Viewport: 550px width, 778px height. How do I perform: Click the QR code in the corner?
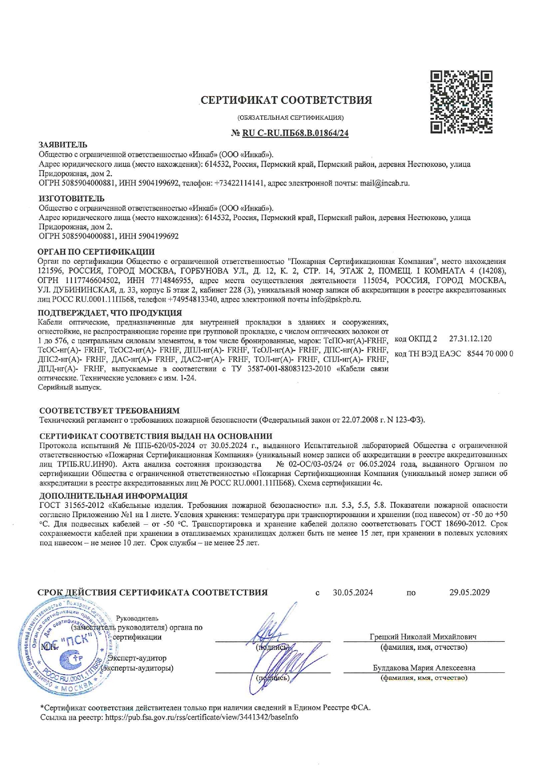point(461,102)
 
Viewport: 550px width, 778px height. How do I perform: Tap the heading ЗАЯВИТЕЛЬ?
point(63,145)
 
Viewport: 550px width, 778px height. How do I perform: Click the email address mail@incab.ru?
point(384,183)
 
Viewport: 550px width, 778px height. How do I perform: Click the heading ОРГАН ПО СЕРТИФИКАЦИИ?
point(97,252)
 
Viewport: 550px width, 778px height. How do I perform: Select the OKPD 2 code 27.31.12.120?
point(470,339)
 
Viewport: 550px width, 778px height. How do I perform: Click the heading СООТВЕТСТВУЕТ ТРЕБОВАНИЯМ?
point(109,411)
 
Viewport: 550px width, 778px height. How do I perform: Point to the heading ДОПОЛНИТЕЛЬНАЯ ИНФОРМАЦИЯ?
point(113,495)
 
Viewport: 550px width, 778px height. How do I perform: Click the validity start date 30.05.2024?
point(353,593)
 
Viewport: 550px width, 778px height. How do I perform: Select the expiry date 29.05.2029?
point(469,593)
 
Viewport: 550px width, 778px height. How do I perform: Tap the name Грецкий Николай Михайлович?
point(423,637)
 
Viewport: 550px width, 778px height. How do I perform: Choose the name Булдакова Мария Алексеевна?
point(424,668)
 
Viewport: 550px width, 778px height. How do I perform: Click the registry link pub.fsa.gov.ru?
point(201,717)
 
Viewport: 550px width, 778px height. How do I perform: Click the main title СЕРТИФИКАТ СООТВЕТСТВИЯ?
point(286,100)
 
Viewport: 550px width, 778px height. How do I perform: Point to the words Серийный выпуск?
point(70,387)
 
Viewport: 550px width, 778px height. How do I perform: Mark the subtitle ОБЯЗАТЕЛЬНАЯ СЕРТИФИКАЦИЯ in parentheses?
point(291,118)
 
